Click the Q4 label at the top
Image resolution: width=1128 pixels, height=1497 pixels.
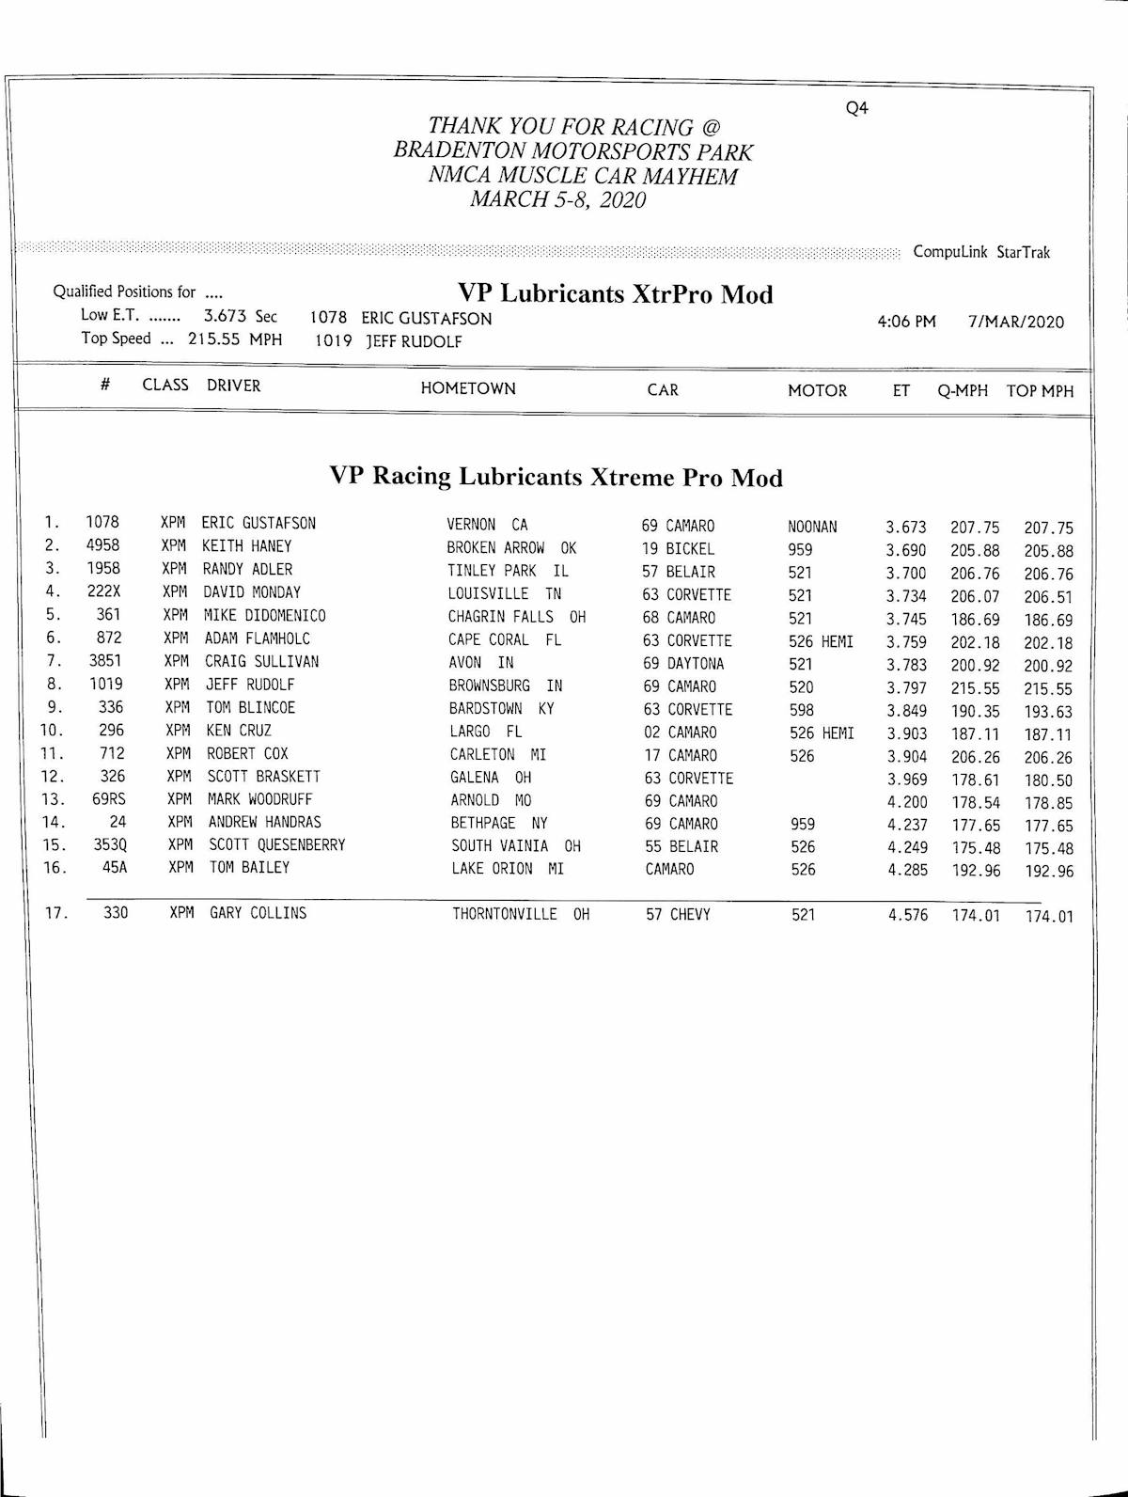(x=856, y=108)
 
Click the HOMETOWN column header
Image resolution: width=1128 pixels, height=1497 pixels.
(x=468, y=388)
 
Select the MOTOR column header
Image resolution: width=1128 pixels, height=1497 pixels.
(x=817, y=390)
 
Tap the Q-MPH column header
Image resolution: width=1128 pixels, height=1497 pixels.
(x=962, y=391)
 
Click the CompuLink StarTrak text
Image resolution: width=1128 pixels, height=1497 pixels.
(x=981, y=252)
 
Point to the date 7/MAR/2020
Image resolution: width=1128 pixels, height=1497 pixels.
(x=1015, y=322)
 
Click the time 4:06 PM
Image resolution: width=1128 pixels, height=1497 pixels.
(x=906, y=322)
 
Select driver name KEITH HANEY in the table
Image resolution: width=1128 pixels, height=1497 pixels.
(x=247, y=546)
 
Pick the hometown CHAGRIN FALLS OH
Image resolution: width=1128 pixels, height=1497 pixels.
(x=516, y=617)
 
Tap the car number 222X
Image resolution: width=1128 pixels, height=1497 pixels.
(x=103, y=591)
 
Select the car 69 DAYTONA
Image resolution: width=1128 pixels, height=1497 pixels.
(x=683, y=664)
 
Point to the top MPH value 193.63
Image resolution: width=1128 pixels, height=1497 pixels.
(x=1048, y=712)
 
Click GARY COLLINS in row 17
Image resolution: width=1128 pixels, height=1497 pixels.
(x=258, y=913)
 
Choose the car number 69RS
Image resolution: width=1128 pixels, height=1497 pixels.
(x=109, y=799)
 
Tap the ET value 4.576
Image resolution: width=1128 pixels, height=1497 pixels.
(x=907, y=916)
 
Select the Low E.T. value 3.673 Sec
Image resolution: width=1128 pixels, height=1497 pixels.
(x=240, y=317)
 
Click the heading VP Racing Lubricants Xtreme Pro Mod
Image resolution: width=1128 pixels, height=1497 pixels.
(x=556, y=477)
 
